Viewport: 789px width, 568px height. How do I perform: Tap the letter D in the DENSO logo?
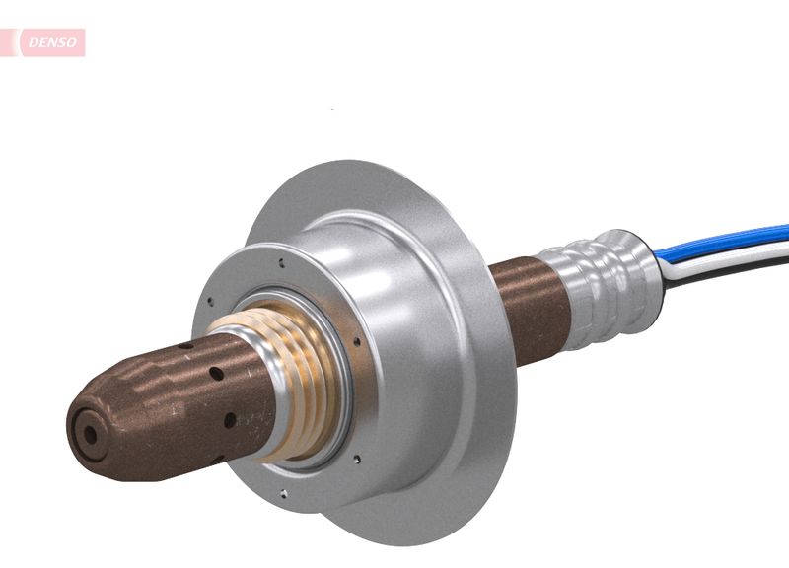click(x=32, y=42)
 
